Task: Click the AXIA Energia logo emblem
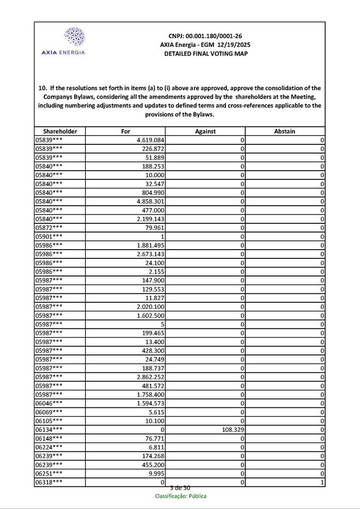[74, 37]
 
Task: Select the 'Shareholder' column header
[60, 132]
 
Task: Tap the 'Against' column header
[205, 132]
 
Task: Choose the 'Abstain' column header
[285, 132]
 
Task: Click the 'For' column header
[125, 132]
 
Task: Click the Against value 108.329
[233, 430]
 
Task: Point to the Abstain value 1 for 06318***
[322, 482]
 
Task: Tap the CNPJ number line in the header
[205, 36]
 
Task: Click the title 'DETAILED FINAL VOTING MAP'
[205, 54]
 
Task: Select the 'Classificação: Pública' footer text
[181, 496]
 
